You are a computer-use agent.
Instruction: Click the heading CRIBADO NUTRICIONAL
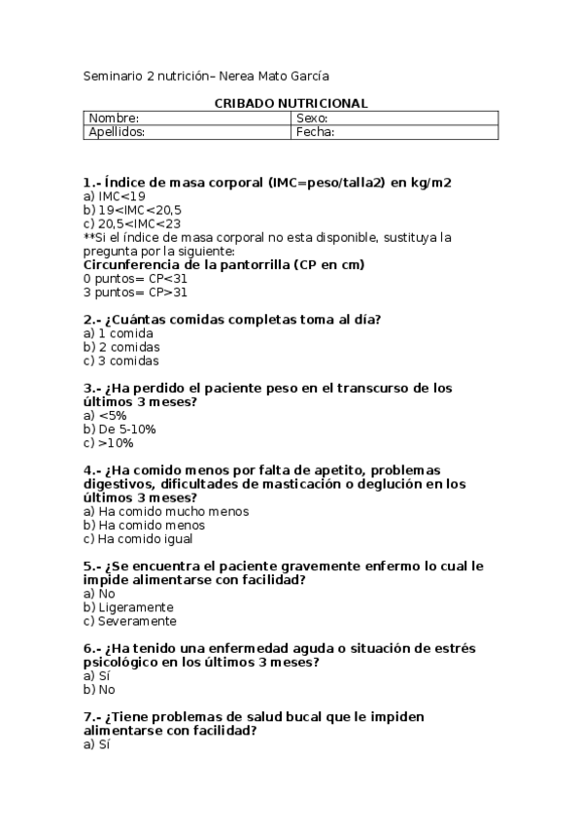click(291, 103)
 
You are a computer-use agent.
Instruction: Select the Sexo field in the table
click(394, 119)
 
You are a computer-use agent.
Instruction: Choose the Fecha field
click(394, 132)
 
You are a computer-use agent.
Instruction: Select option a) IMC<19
click(115, 195)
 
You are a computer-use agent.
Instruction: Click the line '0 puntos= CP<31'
click(136, 278)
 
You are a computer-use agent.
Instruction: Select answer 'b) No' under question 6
click(99, 689)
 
